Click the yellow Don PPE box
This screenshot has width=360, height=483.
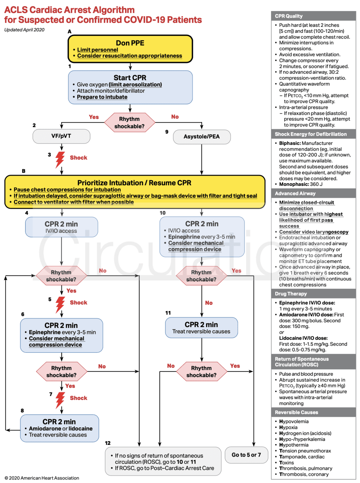point(130,49)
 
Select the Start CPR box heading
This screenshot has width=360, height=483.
point(130,78)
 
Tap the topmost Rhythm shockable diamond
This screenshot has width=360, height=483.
point(130,123)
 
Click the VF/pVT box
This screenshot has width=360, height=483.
point(61,136)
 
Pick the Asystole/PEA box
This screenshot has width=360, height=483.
point(202,137)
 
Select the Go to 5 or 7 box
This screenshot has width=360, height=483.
point(246,455)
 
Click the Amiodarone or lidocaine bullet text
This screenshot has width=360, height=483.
point(61,429)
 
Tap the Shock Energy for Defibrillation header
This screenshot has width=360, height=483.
point(311,134)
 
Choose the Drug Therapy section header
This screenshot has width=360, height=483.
point(291,294)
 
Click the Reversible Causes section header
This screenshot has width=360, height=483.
point(296,412)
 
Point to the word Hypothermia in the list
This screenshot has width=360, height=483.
point(294,445)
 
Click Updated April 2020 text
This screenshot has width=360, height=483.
point(24,30)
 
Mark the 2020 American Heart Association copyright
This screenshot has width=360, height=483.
point(42,478)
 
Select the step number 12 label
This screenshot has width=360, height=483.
point(108,443)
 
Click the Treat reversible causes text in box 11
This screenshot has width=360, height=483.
point(201,331)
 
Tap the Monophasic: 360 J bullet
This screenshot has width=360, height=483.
point(301,184)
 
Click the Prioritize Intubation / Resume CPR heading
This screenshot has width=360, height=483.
point(134,183)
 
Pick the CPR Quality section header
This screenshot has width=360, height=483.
point(289,16)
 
